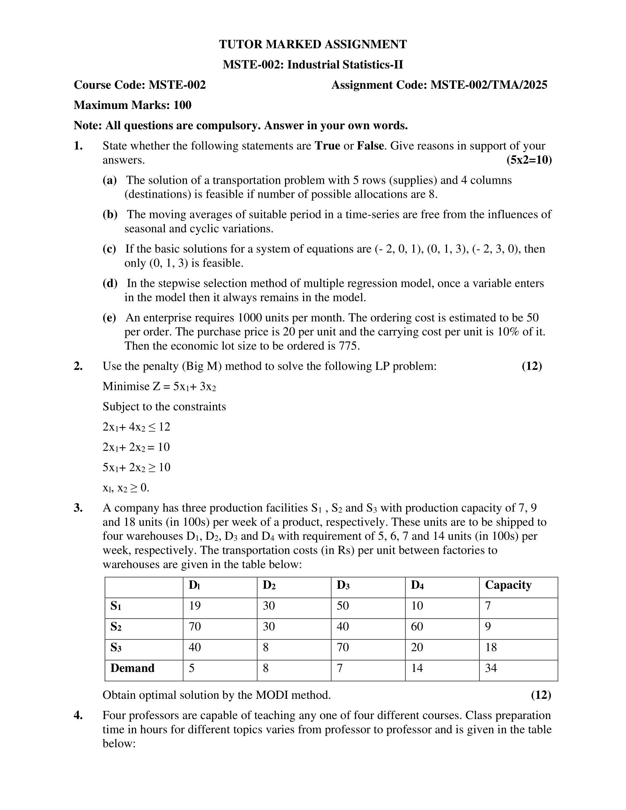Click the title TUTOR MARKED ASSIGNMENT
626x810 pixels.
pos(313,45)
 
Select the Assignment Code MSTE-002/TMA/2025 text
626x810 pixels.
pos(488,85)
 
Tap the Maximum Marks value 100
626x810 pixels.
pos(182,105)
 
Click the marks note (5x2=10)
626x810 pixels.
pos(529,160)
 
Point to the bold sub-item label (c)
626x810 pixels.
pos(109,249)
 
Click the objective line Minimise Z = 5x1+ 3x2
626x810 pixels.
pos(159,387)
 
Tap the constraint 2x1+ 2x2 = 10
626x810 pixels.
pos(136,447)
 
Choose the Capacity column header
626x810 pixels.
pos(508,585)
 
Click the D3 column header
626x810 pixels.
pos(343,585)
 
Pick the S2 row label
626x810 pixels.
pos(116,627)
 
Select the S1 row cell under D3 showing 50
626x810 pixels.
pos(343,606)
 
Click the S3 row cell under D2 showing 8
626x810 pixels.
pos(265,648)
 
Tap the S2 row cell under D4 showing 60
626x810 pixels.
pos(417,627)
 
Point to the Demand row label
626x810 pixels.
pos(133,668)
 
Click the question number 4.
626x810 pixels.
pos(78,715)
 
